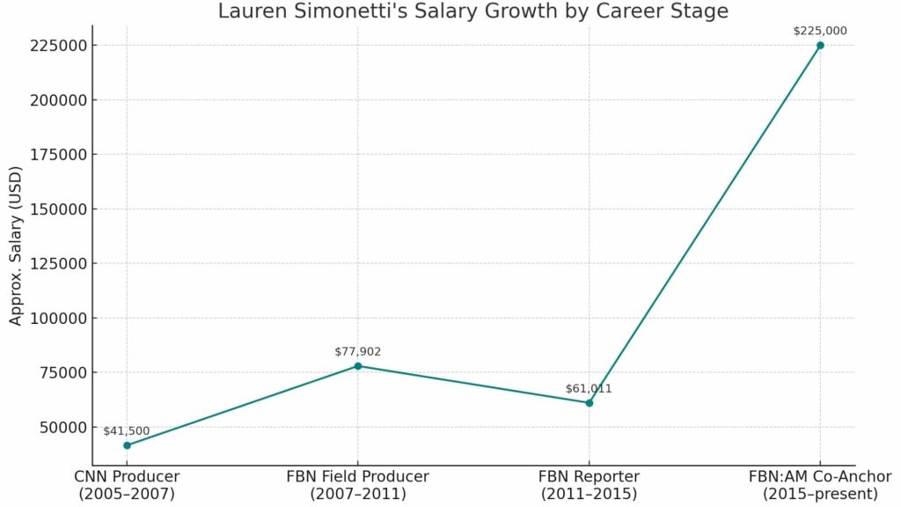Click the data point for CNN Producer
point(127,445)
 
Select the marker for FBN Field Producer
point(358,366)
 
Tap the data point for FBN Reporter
point(590,402)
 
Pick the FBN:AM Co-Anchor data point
point(820,45)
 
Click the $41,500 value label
point(127,431)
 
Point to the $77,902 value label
point(358,352)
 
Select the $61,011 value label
point(590,388)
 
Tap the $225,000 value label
point(820,31)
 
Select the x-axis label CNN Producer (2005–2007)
point(127,485)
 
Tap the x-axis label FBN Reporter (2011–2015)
point(590,485)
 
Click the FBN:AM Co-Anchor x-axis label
point(820,485)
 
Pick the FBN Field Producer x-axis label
point(358,485)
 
